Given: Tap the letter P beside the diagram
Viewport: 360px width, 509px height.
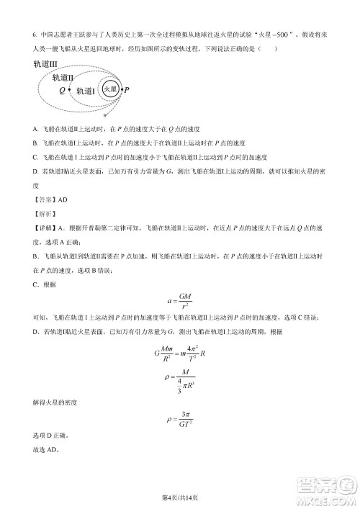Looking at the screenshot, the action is [x=127, y=90].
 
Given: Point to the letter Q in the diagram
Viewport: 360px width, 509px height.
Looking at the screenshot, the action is [x=62, y=91].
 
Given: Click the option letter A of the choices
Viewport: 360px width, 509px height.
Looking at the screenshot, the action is [x=35, y=129].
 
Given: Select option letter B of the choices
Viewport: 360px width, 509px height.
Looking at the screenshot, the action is [x=35, y=143].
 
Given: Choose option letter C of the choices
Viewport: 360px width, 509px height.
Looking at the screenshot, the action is [x=35, y=157].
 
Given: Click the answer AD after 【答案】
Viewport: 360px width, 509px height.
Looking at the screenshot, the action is [x=61, y=199].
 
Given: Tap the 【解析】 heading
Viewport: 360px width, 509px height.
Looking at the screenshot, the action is [x=44, y=214].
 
